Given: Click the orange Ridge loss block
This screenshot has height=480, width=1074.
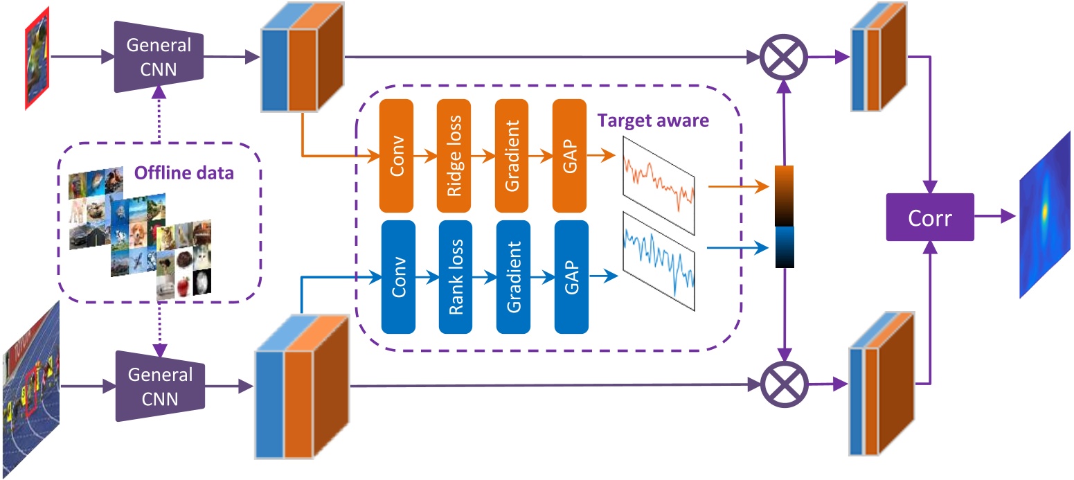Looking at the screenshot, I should (454, 156).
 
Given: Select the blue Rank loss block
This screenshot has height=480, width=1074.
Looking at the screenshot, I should (456, 276).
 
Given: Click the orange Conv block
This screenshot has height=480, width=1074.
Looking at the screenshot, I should (397, 156).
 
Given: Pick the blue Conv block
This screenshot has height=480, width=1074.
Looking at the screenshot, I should (398, 276).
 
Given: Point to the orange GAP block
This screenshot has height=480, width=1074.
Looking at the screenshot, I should (569, 156).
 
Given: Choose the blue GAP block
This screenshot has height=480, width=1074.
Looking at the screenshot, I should (571, 276).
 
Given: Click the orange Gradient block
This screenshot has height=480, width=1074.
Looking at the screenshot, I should (512, 156).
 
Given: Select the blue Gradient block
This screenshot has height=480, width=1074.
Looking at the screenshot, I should (513, 276).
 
